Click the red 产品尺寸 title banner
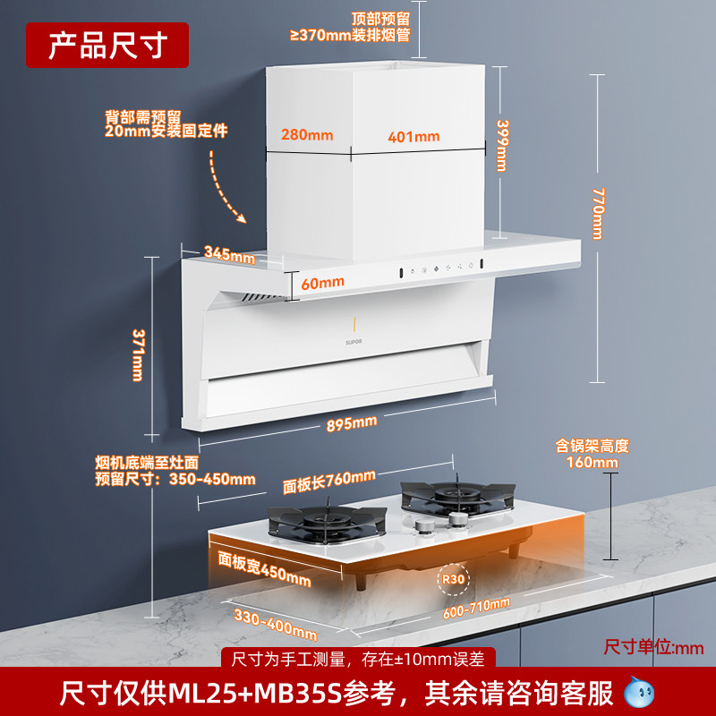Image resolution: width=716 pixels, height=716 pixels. click(x=107, y=45)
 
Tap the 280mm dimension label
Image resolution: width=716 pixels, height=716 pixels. click(x=307, y=135)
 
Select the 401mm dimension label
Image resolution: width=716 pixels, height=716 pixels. click(x=413, y=137)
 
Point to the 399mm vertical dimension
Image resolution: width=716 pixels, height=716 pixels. click(x=503, y=145)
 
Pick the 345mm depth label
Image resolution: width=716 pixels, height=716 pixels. click(x=229, y=254)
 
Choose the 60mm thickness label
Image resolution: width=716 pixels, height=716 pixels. click(x=322, y=282)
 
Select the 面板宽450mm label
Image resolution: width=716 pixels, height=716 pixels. click(x=265, y=567)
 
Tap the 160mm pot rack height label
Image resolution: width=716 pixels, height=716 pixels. click(x=592, y=462)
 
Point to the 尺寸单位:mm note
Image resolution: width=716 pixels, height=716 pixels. click(x=654, y=646)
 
